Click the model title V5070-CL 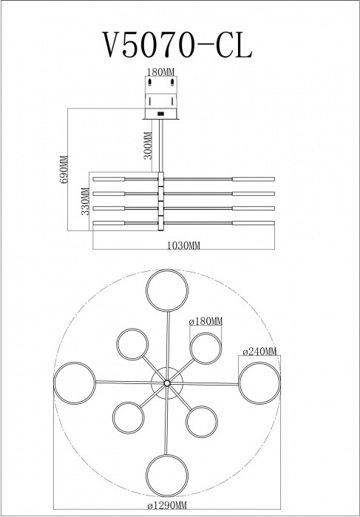[177, 45]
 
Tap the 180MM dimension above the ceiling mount [160, 72]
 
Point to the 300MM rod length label [148, 145]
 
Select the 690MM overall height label [64, 169]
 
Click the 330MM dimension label [85, 201]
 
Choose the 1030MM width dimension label [183, 245]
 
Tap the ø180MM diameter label [206, 321]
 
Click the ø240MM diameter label [260, 352]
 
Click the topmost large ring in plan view [167, 270]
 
